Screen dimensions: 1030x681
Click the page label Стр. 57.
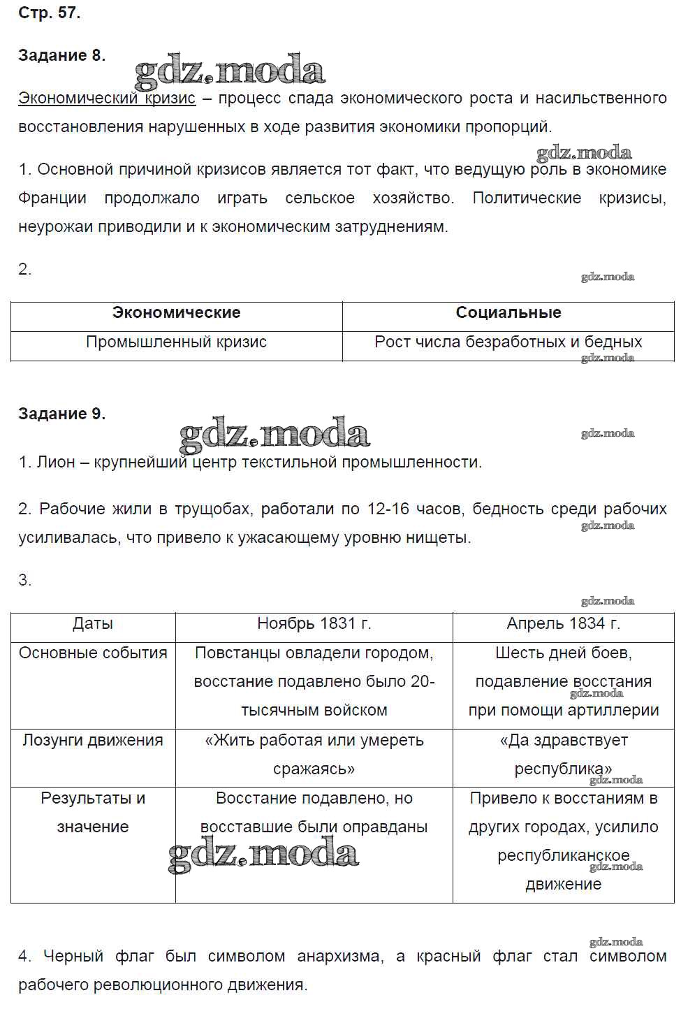click(x=49, y=13)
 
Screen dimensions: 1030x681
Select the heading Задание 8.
click(x=61, y=56)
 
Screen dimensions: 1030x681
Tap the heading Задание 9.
click(x=61, y=414)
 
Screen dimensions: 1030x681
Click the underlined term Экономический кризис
click(x=107, y=99)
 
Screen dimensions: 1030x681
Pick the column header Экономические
click(x=176, y=313)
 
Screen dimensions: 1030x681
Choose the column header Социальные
click(x=508, y=313)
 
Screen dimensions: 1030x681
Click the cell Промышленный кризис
click(x=176, y=342)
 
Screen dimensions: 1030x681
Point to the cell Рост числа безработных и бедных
click(x=508, y=342)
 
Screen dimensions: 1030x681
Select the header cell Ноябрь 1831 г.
click(x=314, y=623)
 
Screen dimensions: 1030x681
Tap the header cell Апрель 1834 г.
click(x=563, y=623)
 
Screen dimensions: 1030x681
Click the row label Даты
click(x=93, y=623)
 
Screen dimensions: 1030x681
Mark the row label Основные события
click(x=93, y=653)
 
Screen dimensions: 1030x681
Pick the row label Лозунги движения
click(x=93, y=740)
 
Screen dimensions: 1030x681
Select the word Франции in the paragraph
click(x=52, y=198)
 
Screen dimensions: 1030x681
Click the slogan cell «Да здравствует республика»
click(x=563, y=755)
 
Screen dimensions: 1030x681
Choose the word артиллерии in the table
click(x=622, y=711)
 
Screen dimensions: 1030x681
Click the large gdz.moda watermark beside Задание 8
click(x=229, y=71)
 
